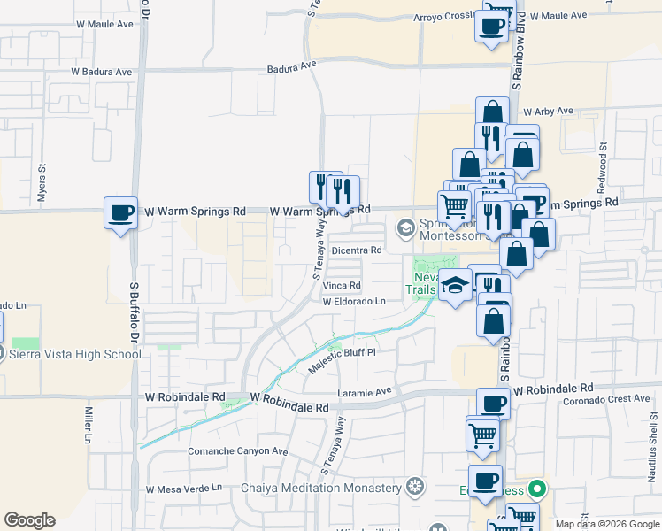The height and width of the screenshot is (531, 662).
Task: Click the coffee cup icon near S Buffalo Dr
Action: (120, 212)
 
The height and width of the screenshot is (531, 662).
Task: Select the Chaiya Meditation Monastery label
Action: (321, 488)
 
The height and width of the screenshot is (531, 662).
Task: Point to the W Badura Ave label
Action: (101, 72)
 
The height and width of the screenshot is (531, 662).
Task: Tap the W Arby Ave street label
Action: (548, 112)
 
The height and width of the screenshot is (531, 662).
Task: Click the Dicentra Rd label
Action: (356, 250)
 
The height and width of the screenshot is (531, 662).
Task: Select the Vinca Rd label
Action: (342, 286)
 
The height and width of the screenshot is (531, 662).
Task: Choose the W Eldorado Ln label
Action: (354, 302)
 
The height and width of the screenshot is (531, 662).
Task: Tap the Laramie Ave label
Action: (364, 391)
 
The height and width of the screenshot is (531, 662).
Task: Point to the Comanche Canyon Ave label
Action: (238, 451)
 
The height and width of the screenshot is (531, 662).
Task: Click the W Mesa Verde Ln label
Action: (184, 489)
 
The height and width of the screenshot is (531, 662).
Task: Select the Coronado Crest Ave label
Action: (606, 399)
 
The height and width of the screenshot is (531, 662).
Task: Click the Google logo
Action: (29, 520)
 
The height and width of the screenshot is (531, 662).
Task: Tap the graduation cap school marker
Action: (455, 286)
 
